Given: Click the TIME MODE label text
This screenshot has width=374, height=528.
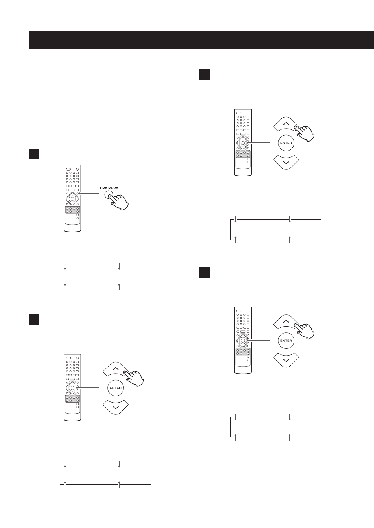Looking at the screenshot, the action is coord(109,188).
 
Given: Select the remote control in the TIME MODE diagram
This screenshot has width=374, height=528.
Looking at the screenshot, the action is coord(73,198).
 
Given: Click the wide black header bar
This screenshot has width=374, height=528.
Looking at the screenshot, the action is coord(201,40).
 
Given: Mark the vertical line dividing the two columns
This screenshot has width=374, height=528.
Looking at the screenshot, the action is coord(191,284).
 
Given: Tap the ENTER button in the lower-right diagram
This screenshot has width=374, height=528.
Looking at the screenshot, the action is coord(286,341).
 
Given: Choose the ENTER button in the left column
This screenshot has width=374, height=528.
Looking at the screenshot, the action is coord(116,388).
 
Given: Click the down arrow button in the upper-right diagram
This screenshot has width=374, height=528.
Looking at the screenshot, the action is coord(286,162).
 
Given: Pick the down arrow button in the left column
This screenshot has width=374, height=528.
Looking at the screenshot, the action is coord(116,407).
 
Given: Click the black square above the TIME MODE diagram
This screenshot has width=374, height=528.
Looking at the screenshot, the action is coord(34,154).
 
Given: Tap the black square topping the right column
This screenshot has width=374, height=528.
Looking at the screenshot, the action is coord(205,75).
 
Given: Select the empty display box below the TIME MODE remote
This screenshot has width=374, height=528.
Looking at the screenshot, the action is coord(105,277).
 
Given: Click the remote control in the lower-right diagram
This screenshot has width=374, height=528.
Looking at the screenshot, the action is coord(243,340).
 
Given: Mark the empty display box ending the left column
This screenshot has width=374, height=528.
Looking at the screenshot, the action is coord(105,474).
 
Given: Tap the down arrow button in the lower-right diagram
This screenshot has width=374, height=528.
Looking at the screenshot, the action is coord(286,360).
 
